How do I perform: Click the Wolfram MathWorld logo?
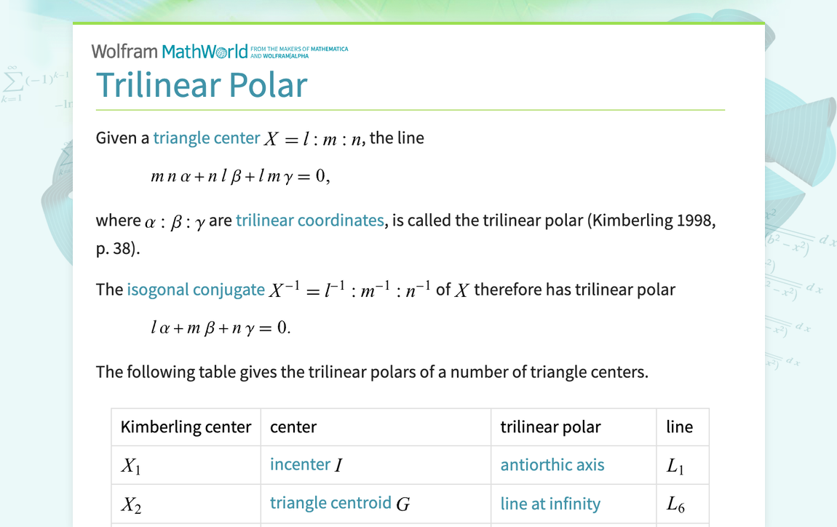click(169, 52)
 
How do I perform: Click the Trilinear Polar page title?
click(202, 85)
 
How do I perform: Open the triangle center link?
click(206, 138)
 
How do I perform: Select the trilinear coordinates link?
click(310, 221)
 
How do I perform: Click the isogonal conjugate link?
click(196, 290)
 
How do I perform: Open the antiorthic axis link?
click(552, 465)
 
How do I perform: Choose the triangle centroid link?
click(330, 503)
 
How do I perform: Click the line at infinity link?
click(550, 504)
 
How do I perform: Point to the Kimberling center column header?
click(186, 427)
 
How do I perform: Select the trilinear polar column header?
click(550, 427)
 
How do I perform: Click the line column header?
click(679, 427)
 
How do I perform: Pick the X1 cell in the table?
click(131, 466)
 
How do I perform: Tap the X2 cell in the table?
click(131, 504)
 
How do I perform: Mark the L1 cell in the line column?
click(675, 466)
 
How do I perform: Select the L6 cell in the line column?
click(675, 504)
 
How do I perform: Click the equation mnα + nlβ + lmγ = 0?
click(240, 177)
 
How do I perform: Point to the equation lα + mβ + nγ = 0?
click(221, 328)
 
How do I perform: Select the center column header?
click(293, 427)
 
